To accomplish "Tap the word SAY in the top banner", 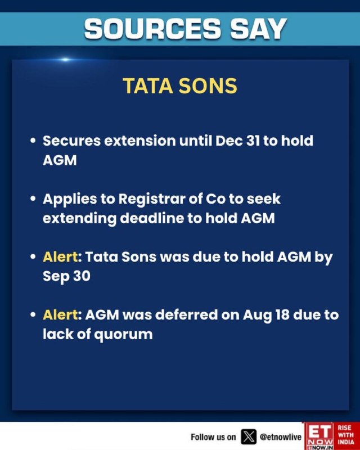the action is point(259,29).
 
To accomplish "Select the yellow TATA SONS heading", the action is point(180,86).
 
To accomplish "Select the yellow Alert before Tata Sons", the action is point(60,256).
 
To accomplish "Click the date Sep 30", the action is point(66,276).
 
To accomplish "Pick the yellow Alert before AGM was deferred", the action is point(60,315).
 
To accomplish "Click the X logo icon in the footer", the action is point(248,437).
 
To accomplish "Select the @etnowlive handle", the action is point(281,437).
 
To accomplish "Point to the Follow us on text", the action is point(213,437).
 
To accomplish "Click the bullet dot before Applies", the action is point(33,199).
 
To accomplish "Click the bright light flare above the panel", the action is point(65,60).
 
